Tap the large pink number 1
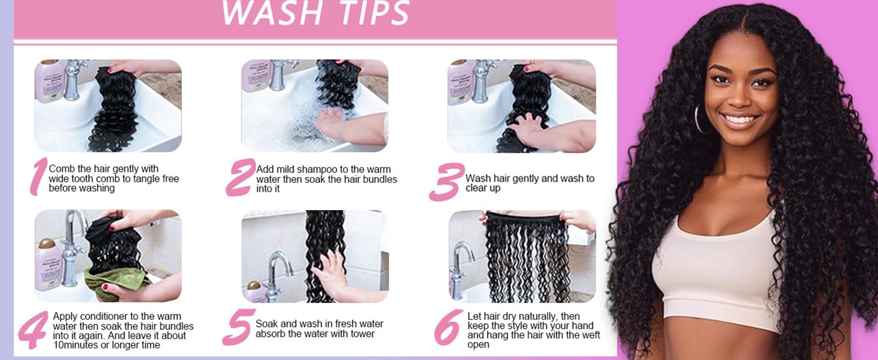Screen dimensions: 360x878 pyautogui.click(x=38, y=176)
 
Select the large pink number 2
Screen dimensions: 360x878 pyautogui.click(x=240, y=177)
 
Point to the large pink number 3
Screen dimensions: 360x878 pyautogui.click(x=447, y=182)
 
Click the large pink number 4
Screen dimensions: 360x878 pyautogui.click(x=34, y=330)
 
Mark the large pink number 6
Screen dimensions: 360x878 pyautogui.click(x=449, y=328)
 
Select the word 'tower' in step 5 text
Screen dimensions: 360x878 pyautogui.click(x=362, y=334)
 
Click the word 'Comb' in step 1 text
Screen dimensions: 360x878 pyautogui.click(x=62, y=169)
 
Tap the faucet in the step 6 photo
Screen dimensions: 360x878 pyautogui.click(x=462, y=264)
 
